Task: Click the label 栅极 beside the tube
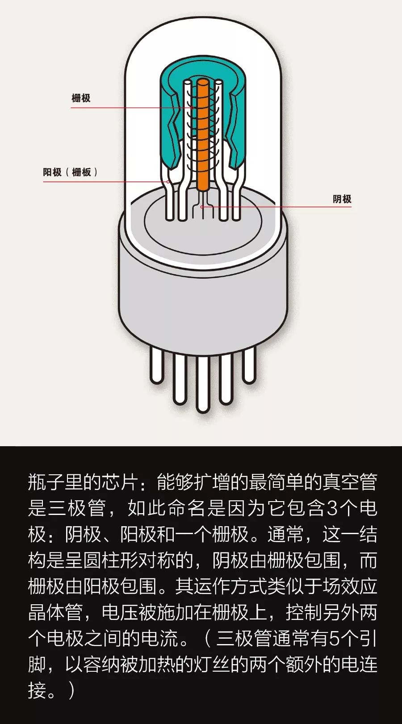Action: pos(81,98)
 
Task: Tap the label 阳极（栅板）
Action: pos(71,172)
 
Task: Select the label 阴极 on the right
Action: pos(342,199)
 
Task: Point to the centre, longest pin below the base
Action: pos(203,384)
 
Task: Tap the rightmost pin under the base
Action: pos(249,365)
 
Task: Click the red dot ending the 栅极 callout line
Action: pos(193,108)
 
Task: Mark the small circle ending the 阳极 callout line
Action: pos(168,182)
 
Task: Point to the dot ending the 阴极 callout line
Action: pos(201,206)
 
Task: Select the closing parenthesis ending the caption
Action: pos(72,691)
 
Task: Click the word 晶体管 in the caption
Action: pos(55,612)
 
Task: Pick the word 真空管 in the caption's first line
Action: pos(350,482)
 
